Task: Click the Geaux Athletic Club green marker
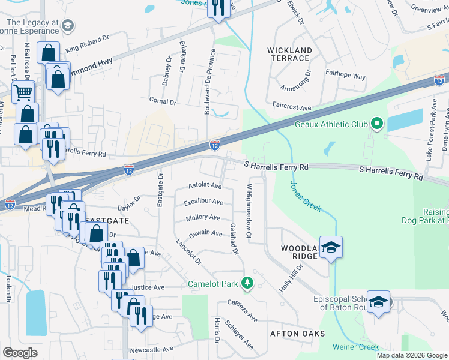(x=377, y=124)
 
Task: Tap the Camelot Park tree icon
(x=247, y=282)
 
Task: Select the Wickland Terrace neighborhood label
(x=290, y=55)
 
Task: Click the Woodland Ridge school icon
(x=331, y=247)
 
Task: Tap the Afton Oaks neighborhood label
(x=298, y=333)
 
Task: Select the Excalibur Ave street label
(x=203, y=202)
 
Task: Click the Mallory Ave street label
(x=203, y=217)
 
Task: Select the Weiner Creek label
(x=359, y=347)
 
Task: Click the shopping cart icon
(x=23, y=92)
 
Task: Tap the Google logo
(x=20, y=353)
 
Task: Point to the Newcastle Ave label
(x=151, y=349)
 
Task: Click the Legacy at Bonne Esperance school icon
(x=67, y=25)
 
